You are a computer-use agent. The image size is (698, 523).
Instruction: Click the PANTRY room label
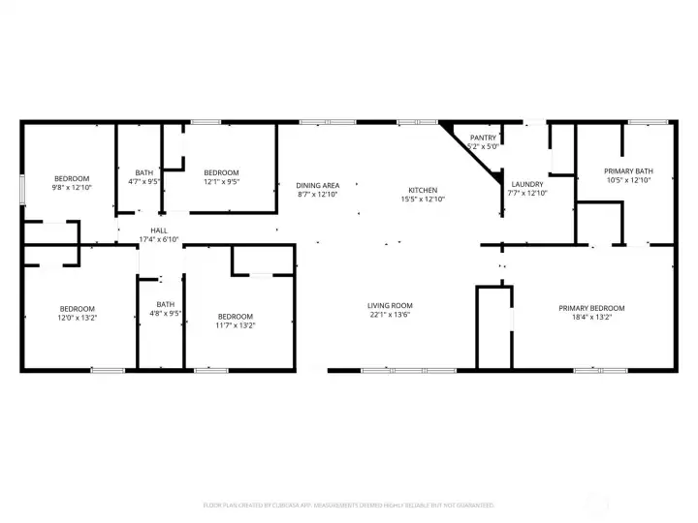tap(483, 138)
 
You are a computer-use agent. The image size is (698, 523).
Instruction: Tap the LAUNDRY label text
tap(526, 184)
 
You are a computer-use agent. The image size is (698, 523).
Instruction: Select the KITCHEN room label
tap(423, 190)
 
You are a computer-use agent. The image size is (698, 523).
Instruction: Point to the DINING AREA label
tap(318, 185)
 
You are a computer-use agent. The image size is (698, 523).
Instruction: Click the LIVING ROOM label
tap(391, 305)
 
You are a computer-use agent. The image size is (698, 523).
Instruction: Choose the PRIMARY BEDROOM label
tap(585, 308)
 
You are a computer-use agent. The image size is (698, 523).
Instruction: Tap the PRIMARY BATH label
tap(627, 170)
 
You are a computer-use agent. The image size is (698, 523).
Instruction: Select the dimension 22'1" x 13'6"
tap(391, 315)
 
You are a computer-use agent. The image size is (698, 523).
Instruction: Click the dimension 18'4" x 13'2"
tap(585, 317)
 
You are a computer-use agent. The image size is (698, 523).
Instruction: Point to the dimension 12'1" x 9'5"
tap(221, 181)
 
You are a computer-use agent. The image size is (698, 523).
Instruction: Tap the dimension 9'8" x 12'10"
tap(72, 187)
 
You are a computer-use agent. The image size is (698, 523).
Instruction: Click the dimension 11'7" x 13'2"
tap(235, 325)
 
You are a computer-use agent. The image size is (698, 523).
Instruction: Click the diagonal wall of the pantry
tap(471, 151)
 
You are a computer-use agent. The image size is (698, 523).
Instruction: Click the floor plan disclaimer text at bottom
tap(348, 505)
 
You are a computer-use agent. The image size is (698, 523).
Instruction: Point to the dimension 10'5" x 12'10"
tap(627, 180)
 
